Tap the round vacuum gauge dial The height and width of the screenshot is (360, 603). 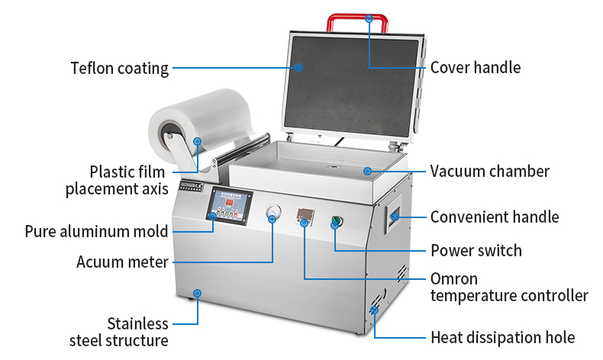(x=272, y=215)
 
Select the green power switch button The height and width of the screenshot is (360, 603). (x=335, y=223)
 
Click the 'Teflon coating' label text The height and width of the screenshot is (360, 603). (x=120, y=68)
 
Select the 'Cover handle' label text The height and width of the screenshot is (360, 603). (x=475, y=67)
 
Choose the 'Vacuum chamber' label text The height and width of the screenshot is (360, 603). (x=489, y=171)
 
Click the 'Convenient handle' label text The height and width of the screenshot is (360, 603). (x=494, y=217)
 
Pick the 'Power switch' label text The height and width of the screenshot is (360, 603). (x=476, y=250)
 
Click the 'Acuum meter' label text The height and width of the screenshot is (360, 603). (x=122, y=262)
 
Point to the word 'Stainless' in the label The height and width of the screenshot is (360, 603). (x=137, y=323)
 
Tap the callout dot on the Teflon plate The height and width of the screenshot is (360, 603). (x=299, y=67)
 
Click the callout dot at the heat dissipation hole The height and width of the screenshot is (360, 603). (x=374, y=310)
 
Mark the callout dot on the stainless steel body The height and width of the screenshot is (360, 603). (x=197, y=293)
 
